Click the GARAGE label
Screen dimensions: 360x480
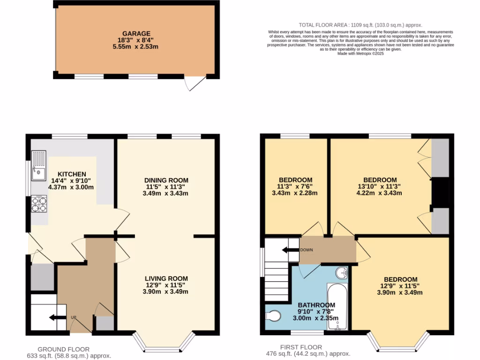point(136,34)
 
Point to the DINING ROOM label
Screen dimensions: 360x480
point(166,180)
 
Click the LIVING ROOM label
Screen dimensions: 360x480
point(166,278)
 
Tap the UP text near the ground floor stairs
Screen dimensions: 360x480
point(73,317)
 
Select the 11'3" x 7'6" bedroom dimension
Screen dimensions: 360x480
point(295,186)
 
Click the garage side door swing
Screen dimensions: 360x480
point(194,83)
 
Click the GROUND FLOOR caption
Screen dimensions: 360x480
point(63,349)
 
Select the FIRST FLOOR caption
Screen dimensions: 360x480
point(301,347)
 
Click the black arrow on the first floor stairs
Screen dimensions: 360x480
point(291,250)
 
